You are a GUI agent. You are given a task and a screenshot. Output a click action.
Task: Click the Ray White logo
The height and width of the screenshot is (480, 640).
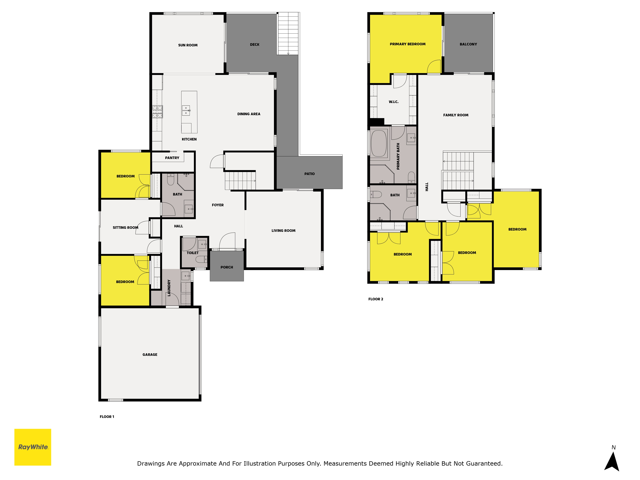coord(33,447)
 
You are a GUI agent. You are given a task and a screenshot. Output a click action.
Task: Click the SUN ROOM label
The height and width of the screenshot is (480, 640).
coord(188,45)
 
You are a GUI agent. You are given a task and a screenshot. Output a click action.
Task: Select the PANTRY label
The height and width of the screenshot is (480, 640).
coord(172,158)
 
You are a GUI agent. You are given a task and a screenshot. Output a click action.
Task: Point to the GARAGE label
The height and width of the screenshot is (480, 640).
coord(150,354)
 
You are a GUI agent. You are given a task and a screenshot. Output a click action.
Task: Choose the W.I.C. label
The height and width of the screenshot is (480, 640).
coord(393,102)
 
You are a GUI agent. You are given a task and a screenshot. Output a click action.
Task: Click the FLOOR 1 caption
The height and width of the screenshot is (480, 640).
coord(107,417)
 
